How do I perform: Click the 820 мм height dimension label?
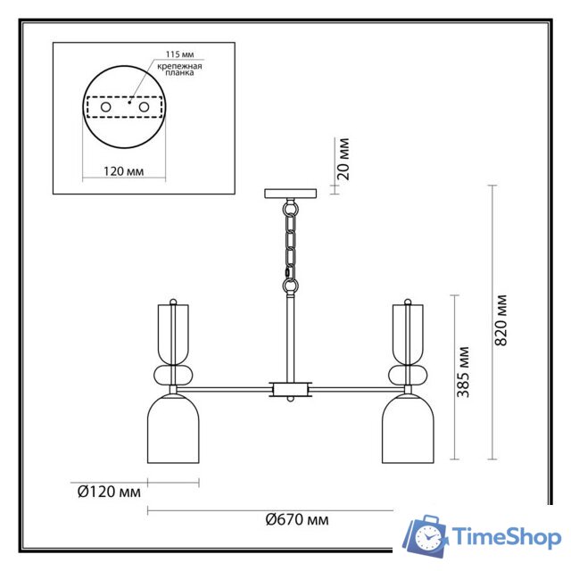(501, 320)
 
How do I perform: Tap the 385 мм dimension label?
(463, 372)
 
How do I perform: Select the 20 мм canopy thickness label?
(343, 159)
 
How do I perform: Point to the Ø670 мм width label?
(297, 519)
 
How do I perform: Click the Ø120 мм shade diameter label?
(109, 492)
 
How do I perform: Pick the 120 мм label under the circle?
(124, 171)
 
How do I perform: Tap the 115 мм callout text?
(180, 54)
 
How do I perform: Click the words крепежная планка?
(179, 70)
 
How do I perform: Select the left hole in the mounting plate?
(106, 107)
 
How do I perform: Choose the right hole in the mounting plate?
(144, 107)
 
